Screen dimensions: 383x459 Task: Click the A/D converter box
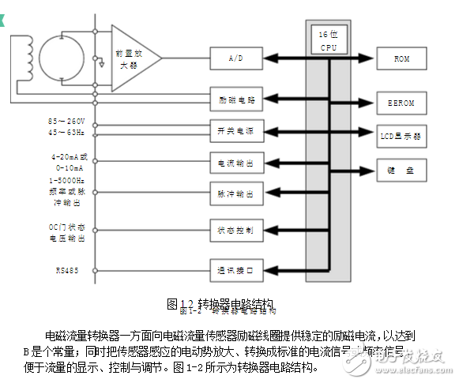pyautogui.click(x=235, y=58)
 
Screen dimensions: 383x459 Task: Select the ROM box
pyautogui.click(x=401, y=58)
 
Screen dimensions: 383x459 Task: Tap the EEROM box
pyautogui.click(x=401, y=103)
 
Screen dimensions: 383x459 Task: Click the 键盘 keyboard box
pyautogui.click(x=401, y=169)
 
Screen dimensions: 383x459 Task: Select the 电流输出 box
pyautogui.click(x=235, y=163)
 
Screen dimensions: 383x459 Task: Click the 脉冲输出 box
pyautogui.click(x=235, y=193)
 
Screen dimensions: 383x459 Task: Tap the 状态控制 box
pyautogui.click(x=235, y=231)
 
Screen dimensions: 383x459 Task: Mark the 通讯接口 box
pyautogui.click(x=235, y=270)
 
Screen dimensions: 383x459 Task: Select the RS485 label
pyautogui.click(x=66, y=271)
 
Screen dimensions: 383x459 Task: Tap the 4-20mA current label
pyautogui.click(x=66, y=157)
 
